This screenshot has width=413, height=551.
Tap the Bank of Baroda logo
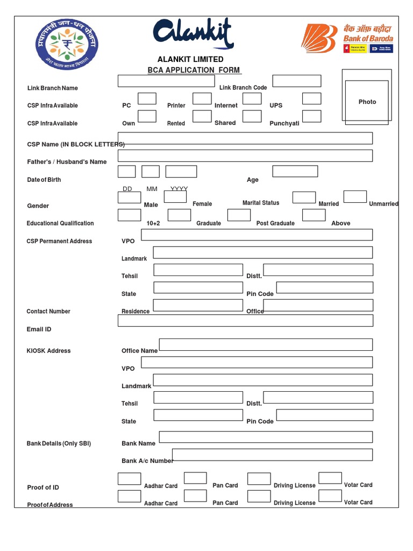click(347, 38)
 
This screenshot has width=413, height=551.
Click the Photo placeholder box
click(367, 102)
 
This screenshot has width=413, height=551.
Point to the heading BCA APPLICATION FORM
click(194, 70)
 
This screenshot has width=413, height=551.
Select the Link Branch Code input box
click(296, 81)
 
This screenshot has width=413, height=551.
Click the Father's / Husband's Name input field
click(245, 156)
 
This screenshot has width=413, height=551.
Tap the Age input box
click(295, 171)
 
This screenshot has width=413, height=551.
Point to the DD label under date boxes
click(127, 189)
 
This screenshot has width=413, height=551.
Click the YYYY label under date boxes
click(179, 189)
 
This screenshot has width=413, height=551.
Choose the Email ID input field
click(245, 321)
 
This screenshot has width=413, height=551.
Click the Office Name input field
click(266, 344)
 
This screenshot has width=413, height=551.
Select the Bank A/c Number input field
click(272, 455)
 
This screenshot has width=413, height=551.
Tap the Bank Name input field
click(266, 437)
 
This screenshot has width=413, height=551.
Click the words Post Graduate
click(275, 223)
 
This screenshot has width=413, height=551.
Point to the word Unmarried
click(383, 204)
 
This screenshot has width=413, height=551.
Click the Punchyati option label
click(284, 123)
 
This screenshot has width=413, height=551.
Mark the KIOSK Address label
click(48, 351)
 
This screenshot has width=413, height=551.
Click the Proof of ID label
click(43, 488)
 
